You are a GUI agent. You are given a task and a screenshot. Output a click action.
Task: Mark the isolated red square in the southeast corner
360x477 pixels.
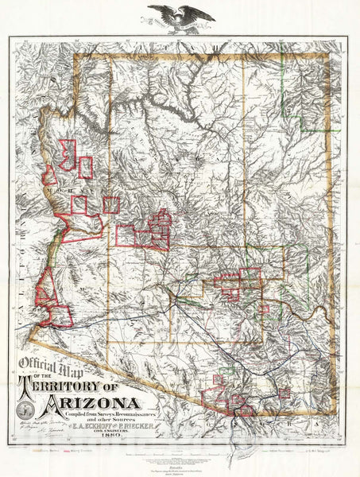(x=284, y=393)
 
